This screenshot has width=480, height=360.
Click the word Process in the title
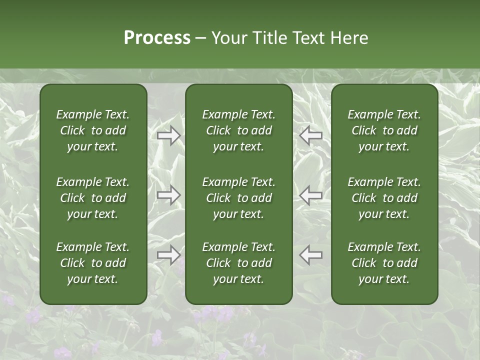pos(157,38)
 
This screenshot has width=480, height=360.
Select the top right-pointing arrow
pos(168,135)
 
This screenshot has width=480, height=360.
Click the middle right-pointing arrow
pos(168,195)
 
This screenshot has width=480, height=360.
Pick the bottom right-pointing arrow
pos(168,255)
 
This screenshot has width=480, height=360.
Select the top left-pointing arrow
pos(311,135)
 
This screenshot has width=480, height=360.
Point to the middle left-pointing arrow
pos(311,195)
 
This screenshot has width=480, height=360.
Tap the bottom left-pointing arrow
pos(311,255)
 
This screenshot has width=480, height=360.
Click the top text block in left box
pos(93,130)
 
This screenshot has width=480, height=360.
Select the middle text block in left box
pos(93,198)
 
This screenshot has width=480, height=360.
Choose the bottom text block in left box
pos(93,263)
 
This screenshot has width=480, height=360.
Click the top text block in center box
pos(238,130)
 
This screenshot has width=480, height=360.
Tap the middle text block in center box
pos(238,198)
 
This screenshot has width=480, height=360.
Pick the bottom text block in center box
pos(238,263)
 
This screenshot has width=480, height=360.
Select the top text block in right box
pos(384,130)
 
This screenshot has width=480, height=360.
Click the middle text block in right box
pos(384,198)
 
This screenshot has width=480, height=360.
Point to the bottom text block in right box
pos(384,263)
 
